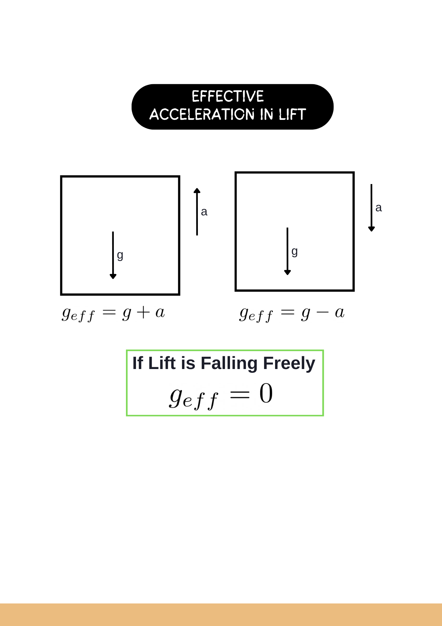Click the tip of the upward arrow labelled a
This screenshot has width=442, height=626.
(197, 188)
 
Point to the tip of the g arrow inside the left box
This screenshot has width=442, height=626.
(113, 279)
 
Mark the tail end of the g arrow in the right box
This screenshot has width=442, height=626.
(287, 228)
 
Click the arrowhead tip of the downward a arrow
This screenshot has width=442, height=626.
(371, 232)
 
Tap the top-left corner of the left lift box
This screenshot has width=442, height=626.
(61, 177)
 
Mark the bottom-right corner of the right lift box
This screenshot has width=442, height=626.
(354, 290)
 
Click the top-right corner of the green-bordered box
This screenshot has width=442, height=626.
(323, 350)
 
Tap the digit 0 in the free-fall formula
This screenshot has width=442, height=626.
(266, 393)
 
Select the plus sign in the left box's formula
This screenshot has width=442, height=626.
(143, 312)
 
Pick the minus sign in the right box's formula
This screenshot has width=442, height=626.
(323, 312)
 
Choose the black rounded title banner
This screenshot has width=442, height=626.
(233, 107)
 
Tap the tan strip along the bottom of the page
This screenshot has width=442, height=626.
(221, 615)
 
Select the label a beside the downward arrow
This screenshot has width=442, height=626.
(379, 208)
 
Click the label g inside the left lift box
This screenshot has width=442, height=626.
(120, 255)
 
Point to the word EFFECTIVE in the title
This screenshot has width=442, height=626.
(228, 96)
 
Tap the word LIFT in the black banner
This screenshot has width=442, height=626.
(293, 115)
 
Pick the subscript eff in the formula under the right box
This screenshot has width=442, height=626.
(261, 316)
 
